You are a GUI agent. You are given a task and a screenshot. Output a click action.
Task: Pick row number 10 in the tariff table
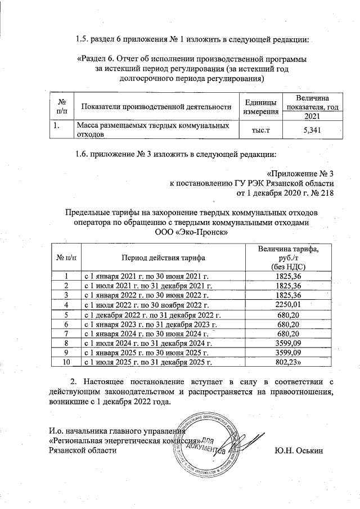tap(66, 363)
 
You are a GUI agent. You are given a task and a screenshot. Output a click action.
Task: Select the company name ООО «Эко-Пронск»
tap(191, 232)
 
